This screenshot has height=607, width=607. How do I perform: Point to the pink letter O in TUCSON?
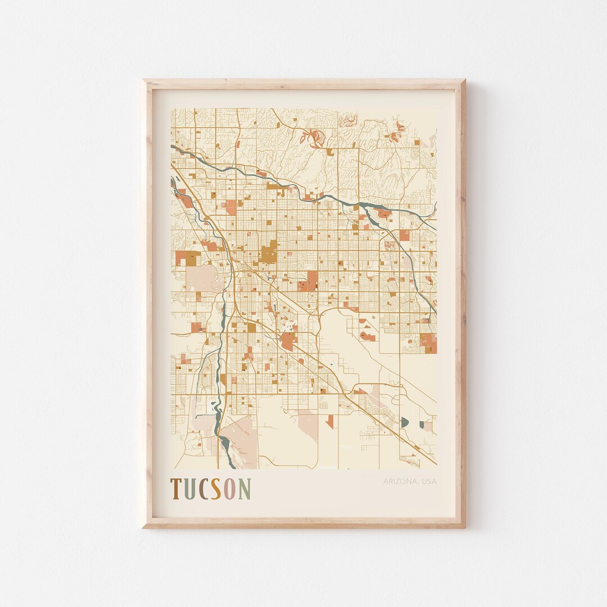coord(230,488)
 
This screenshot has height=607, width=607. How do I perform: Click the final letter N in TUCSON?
coord(244,488)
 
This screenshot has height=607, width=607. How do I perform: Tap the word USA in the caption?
coord(428,481)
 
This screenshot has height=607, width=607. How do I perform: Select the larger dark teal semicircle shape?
coord(405,421)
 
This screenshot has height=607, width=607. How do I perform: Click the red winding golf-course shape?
coord(312,137)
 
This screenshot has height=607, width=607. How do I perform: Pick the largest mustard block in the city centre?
coord(269,253)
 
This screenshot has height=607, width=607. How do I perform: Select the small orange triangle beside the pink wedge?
coord(330,420)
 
